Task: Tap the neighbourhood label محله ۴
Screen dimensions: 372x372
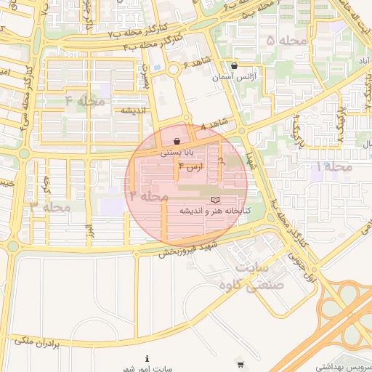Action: coord(85,101)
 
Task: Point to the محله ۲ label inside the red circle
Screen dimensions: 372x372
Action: coord(149,195)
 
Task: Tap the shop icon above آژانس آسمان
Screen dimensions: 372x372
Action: coord(233,65)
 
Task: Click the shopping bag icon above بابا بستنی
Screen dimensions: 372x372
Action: coord(177,141)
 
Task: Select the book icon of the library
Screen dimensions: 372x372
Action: coord(214,199)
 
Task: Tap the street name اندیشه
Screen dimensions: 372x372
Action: coord(134,110)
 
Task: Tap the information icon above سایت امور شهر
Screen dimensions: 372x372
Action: coord(147,358)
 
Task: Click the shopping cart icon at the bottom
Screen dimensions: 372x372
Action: coord(240,363)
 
